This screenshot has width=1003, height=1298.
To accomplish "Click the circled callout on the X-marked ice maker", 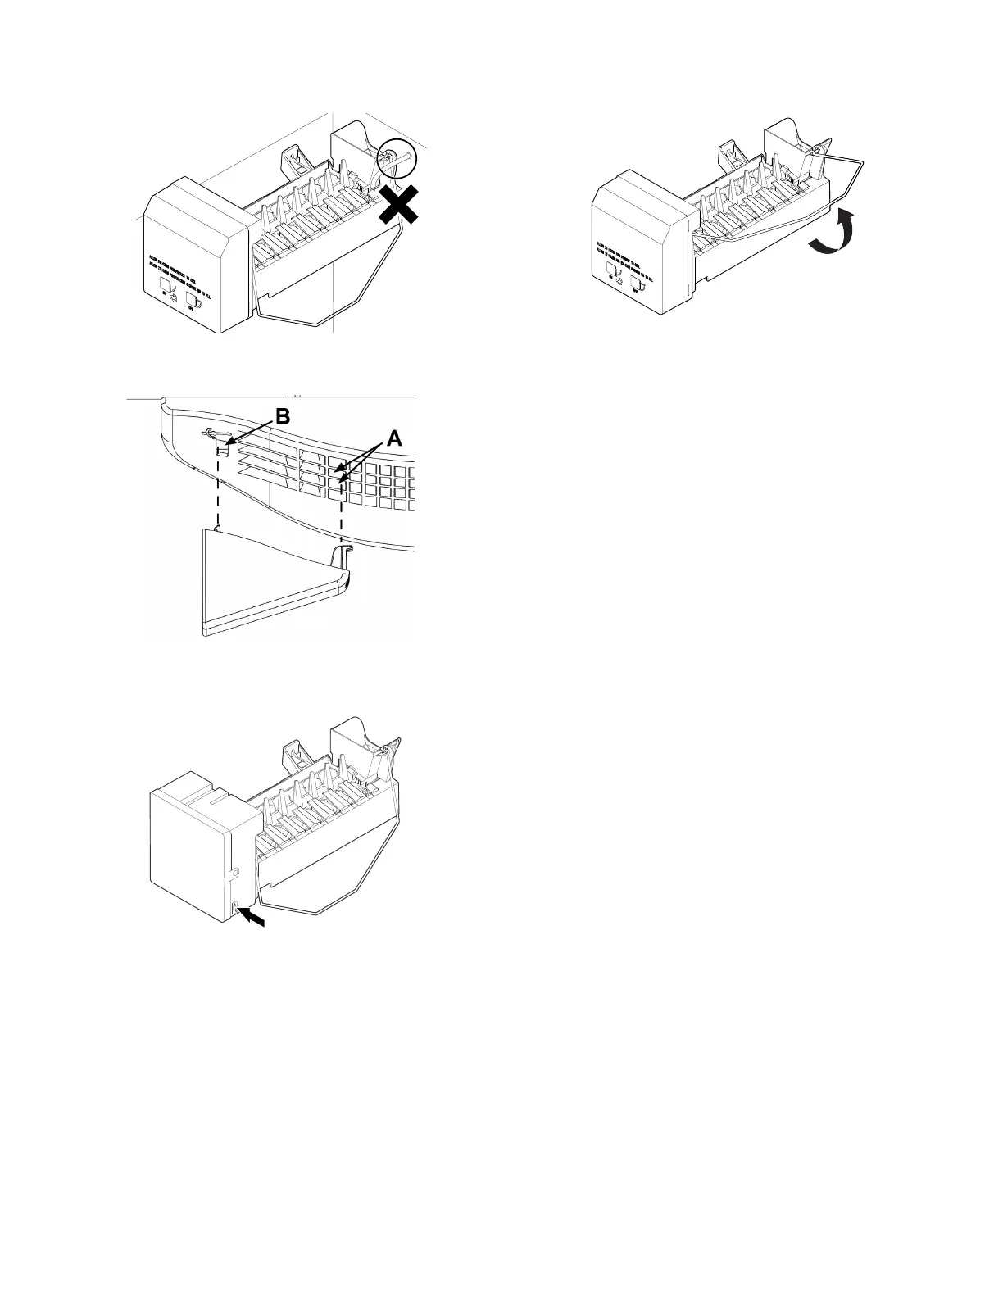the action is (398, 157).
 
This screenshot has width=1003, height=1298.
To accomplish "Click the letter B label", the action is (282, 416).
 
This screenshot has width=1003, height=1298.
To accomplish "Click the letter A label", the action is (394, 438).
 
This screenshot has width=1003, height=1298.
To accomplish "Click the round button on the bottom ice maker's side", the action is (234, 874).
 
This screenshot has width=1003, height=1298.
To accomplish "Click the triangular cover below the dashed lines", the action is (262, 582).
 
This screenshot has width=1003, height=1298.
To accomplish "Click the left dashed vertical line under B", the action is (218, 492).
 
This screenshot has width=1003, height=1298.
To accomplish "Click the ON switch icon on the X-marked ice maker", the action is (166, 284).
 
